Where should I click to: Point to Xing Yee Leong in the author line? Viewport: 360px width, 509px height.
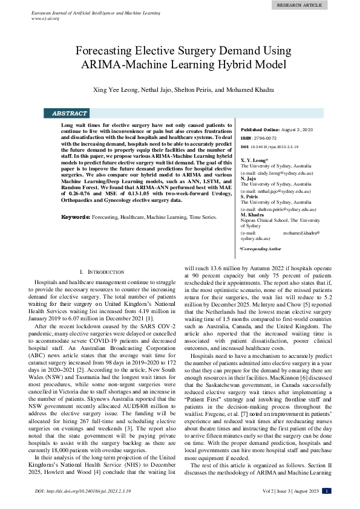point(114,90)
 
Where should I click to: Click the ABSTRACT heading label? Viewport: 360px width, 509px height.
point(70,113)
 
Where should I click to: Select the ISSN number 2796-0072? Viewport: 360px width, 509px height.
point(264,138)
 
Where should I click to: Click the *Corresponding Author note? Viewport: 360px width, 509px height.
point(260,248)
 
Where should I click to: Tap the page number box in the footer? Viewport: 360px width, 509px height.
point(327,491)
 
